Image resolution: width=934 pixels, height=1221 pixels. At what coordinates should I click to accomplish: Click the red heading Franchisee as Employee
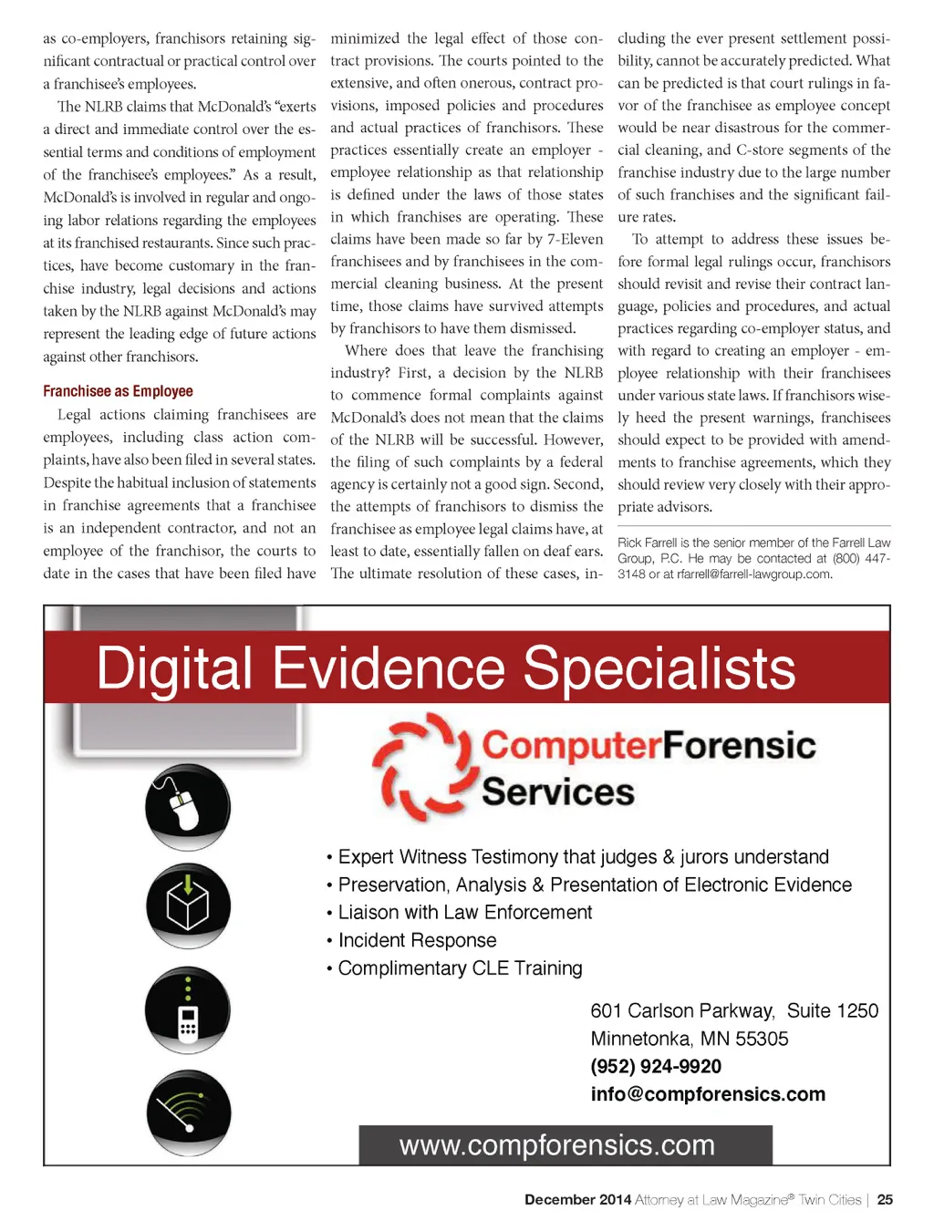point(118,391)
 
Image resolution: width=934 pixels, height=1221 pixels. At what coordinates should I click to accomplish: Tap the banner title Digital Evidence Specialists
point(446,668)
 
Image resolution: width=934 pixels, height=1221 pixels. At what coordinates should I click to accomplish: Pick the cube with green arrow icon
point(188,905)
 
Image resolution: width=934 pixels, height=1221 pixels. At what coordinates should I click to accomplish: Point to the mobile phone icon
point(188,1010)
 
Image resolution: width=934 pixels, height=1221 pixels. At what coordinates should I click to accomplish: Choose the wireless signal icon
point(188,1112)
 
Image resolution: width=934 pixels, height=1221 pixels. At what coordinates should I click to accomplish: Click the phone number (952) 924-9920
point(656,1067)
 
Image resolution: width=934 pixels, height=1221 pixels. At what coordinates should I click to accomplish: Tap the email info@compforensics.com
point(708,1094)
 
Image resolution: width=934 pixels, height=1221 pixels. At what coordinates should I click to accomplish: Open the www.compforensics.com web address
point(556,1145)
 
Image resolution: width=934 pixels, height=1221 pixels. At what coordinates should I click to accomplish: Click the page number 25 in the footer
point(885,1200)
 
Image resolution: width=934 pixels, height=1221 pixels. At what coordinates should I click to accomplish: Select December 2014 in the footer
point(577,1200)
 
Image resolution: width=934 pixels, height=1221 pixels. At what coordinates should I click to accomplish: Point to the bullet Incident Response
point(417,940)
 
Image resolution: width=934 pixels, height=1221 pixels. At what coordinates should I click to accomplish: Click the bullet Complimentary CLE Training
point(460,968)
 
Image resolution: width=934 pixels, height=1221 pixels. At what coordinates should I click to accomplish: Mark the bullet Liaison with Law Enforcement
point(465,913)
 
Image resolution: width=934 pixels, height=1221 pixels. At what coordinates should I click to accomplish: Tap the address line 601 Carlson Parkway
point(682,1011)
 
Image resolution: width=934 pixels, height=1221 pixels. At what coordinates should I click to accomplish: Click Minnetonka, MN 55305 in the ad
point(690,1039)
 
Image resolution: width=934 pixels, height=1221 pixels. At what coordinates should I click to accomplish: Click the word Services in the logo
point(557,792)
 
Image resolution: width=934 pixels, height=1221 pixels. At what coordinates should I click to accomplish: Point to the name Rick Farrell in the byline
point(648,543)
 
